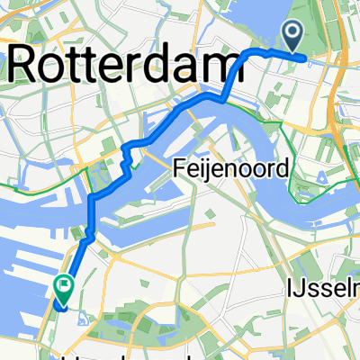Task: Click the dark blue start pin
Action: point(294,37)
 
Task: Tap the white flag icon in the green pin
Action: point(64,287)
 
